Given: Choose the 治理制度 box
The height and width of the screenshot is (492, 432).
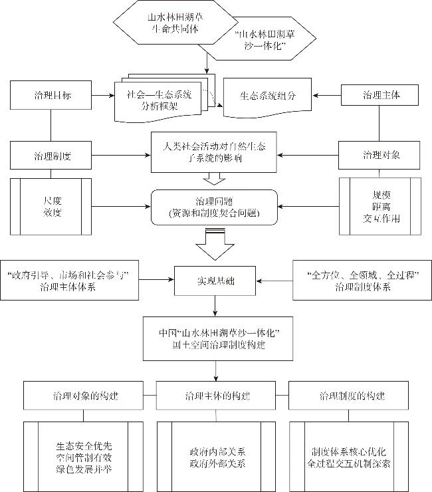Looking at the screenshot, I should coord(51,156).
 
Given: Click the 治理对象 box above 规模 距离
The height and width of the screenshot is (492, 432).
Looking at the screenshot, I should coord(379,156).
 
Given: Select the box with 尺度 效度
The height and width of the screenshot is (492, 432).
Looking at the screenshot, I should coord(51,205).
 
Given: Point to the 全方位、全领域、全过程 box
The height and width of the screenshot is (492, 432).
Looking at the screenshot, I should coord(362,280).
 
